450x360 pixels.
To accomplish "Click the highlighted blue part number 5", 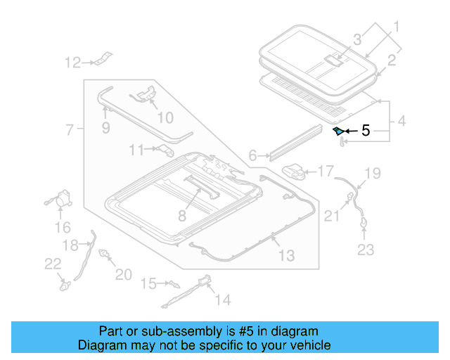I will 338,131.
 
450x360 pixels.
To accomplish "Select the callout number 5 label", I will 365,130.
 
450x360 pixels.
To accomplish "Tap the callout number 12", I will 73,63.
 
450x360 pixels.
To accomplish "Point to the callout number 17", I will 326,171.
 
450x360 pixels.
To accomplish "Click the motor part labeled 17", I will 295,172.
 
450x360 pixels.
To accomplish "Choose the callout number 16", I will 63,227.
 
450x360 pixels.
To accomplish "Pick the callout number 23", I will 366,249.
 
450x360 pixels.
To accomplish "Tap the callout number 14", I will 222,300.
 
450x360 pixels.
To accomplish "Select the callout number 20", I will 123,274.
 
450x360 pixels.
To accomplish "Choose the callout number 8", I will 181,217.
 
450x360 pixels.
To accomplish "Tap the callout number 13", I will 286,255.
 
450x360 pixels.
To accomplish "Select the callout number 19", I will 372,173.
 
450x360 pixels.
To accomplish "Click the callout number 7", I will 69,129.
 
